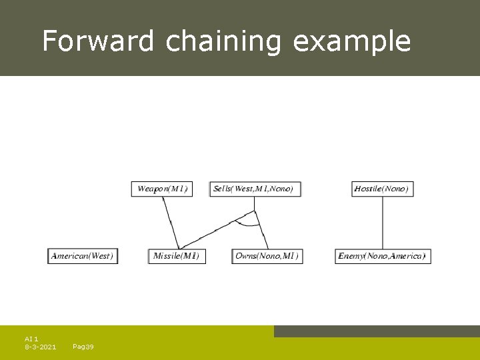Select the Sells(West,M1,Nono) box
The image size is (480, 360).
click(x=255, y=189)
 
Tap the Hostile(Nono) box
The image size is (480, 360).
click(x=381, y=189)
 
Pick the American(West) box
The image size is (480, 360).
click(x=83, y=256)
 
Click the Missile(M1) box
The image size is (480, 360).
click(x=176, y=256)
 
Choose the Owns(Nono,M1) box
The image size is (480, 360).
click(x=267, y=256)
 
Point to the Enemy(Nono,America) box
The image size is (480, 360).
click(x=382, y=256)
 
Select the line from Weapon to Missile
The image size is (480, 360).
click(x=170, y=222)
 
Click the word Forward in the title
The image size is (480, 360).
click(x=99, y=41)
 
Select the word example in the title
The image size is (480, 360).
click(x=352, y=41)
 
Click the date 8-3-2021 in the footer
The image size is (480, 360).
click(x=40, y=347)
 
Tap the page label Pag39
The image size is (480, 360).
click(x=83, y=347)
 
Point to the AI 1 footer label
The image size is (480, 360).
click(x=31, y=339)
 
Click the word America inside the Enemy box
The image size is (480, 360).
click(x=405, y=256)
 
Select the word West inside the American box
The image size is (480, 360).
click(x=101, y=256)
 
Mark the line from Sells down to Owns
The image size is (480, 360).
click(x=261, y=230)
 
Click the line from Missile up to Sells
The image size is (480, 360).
click(x=216, y=231)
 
